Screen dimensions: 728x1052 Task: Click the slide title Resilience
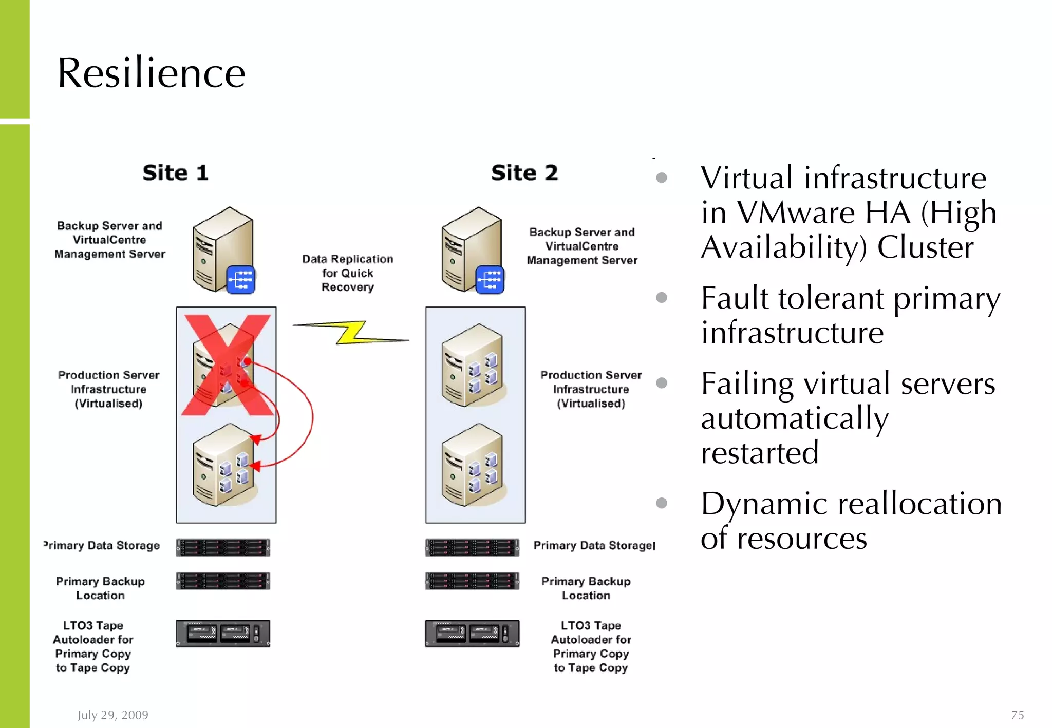tap(151, 73)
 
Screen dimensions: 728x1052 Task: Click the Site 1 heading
tap(175, 173)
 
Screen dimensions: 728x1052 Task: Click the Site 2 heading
tap(524, 173)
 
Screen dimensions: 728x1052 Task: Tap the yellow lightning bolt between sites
tap(351, 333)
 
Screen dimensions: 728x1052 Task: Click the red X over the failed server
tap(227, 365)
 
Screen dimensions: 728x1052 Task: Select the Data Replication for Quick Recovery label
tap(348, 273)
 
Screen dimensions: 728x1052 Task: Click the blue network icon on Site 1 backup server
tap(241, 280)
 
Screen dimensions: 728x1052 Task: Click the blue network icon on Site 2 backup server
tap(490, 280)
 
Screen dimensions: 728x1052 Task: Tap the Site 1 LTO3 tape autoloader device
tap(223, 634)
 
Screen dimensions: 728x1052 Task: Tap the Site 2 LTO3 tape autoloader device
tap(472, 634)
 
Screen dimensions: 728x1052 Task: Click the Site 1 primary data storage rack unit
tap(223, 547)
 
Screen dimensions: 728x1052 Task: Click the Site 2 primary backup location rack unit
tap(472, 581)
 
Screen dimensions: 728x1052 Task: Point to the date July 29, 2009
tap(113, 715)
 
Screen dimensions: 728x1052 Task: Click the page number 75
tap(1017, 715)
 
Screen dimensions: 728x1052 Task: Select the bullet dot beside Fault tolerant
tap(662, 298)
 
